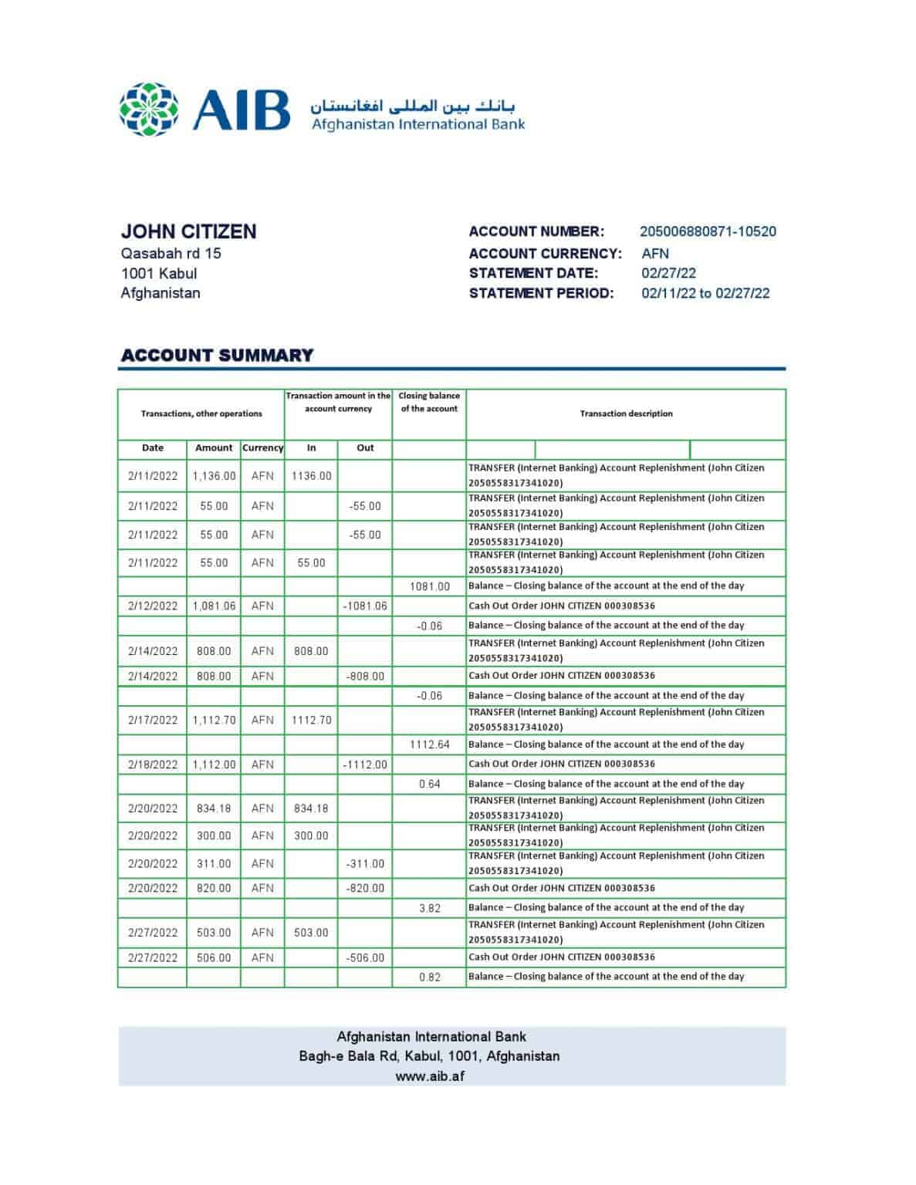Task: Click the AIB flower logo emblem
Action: pyautogui.click(x=149, y=110)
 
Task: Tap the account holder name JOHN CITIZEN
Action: pyautogui.click(x=188, y=231)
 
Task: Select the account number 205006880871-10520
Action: pyautogui.click(x=708, y=231)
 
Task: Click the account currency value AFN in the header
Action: pyautogui.click(x=655, y=253)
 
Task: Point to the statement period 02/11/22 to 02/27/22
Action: pyautogui.click(x=705, y=293)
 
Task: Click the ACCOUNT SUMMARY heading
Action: pyautogui.click(x=218, y=356)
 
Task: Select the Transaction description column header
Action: pyautogui.click(x=626, y=414)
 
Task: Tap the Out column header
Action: pyautogui.click(x=365, y=447)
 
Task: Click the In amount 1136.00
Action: pyautogui.click(x=311, y=476)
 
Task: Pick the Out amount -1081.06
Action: pyautogui.click(x=365, y=606)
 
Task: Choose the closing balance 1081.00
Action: pyautogui.click(x=430, y=586)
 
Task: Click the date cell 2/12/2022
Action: pyautogui.click(x=153, y=606)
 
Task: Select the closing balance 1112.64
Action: pyautogui.click(x=430, y=744)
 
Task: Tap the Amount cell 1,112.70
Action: pyautogui.click(x=214, y=720)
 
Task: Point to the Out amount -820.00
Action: pyautogui.click(x=365, y=888)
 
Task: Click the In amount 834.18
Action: pyautogui.click(x=311, y=809)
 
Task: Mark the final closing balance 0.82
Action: pyautogui.click(x=430, y=977)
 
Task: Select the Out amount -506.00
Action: pyautogui.click(x=365, y=957)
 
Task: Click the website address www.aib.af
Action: pyautogui.click(x=430, y=1076)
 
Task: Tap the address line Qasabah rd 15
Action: pyautogui.click(x=171, y=253)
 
